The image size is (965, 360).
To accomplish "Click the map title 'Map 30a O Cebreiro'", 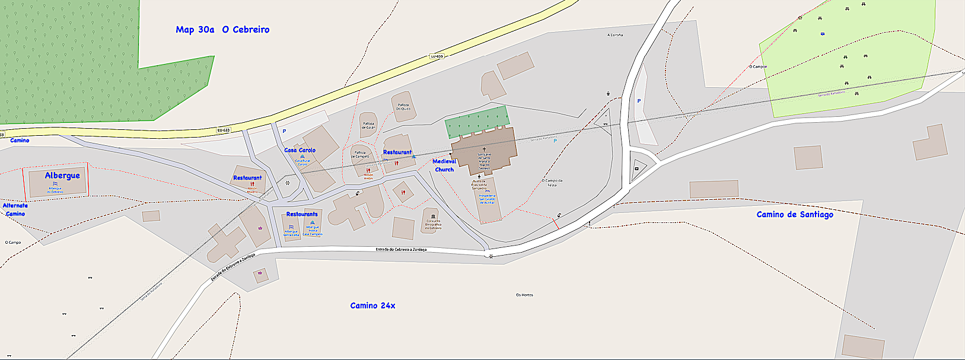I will (222, 30).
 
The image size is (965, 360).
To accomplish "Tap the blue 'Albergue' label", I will (62, 176).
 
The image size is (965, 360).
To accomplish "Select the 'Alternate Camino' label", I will (15, 209).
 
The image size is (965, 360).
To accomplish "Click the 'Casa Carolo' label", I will (300, 150).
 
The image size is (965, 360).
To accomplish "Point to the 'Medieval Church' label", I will (444, 165).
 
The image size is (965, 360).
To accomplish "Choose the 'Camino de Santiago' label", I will (795, 215).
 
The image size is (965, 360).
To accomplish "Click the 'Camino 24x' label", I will (372, 305).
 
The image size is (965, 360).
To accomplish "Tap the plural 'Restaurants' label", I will (302, 214).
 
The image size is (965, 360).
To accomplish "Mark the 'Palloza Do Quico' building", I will (403, 107).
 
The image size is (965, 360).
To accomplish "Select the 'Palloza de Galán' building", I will (369, 125).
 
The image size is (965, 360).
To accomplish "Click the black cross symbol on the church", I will (484, 149).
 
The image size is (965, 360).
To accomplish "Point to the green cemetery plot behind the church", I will (477, 121).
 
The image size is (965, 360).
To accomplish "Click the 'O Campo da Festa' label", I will (552, 183).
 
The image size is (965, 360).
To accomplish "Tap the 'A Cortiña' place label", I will (615, 35).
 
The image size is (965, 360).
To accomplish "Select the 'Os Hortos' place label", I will (524, 295).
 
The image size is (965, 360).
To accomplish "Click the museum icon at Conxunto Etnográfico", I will (433, 216).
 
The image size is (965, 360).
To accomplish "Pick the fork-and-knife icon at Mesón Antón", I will (368, 171).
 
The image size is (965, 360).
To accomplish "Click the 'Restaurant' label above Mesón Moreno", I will (247, 178).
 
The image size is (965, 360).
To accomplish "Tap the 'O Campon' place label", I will (757, 67).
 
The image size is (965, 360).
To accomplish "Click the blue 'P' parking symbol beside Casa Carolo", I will (284, 131).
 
